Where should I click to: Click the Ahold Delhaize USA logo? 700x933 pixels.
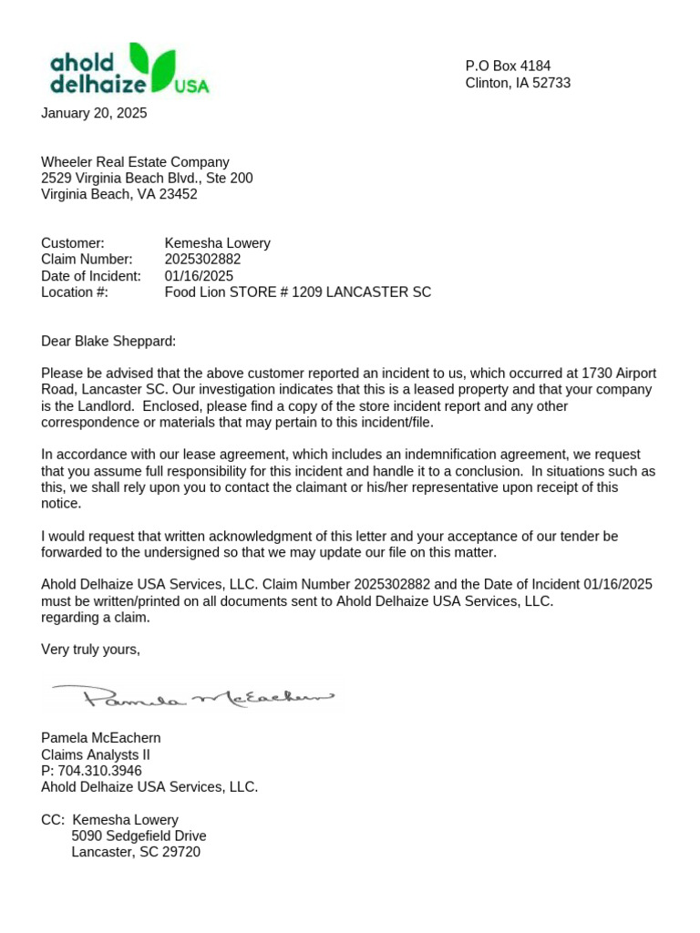(x=129, y=68)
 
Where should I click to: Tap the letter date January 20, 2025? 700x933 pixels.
(x=94, y=114)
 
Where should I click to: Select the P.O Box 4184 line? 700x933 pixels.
(x=508, y=67)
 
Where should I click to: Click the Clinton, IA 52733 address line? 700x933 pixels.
(x=518, y=83)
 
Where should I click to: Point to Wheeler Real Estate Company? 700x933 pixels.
(x=135, y=162)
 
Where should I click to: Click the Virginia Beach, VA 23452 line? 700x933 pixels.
(x=119, y=194)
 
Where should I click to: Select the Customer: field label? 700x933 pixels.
(x=73, y=243)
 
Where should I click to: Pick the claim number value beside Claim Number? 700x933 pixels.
(x=202, y=260)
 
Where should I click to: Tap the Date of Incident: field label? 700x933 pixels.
(x=91, y=276)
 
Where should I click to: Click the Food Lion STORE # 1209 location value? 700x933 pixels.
(x=297, y=292)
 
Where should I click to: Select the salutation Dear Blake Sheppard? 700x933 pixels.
(x=108, y=342)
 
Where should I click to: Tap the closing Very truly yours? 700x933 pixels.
(x=91, y=650)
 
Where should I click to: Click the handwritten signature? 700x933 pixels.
(x=192, y=698)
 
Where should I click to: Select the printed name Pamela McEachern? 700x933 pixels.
(x=101, y=738)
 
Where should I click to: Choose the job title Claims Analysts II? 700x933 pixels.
(x=96, y=754)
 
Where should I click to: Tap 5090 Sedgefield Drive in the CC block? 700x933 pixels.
(x=139, y=836)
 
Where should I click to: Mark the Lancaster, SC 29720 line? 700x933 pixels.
(x=136, y=853)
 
